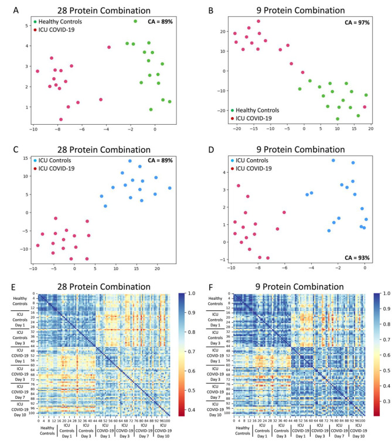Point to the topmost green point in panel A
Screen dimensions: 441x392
point(135,21)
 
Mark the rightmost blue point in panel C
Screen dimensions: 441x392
point(169,188)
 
